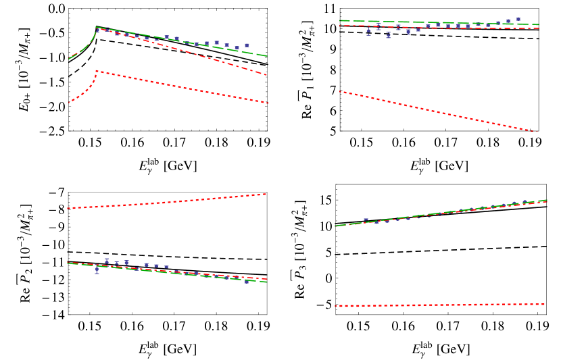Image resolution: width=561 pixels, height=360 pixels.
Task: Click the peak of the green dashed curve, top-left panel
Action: click(96, 27)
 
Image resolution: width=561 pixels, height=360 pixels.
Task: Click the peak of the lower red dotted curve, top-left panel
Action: click(96, 70)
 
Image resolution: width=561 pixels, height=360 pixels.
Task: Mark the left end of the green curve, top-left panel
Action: click(69, 59)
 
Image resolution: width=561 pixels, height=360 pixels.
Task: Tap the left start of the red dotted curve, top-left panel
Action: click(69, 103)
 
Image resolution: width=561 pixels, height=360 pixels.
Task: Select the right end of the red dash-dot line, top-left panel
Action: click(268, 75)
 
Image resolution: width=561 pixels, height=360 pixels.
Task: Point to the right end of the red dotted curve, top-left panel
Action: click(268, 103)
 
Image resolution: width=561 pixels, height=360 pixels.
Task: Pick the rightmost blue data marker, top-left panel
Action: click(247, 45)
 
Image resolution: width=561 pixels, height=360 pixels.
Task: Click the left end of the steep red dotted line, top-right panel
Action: click(339, 91)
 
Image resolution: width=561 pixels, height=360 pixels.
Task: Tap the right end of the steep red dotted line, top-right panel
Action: click(538, 132)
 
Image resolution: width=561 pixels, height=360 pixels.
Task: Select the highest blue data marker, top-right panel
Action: click(518, 19)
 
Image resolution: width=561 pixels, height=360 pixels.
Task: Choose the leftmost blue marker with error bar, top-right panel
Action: click(368, 31)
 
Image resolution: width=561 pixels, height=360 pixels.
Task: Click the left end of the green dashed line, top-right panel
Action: click(340, 20)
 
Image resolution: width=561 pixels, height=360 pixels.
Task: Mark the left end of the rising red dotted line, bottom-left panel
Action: click(68, 208)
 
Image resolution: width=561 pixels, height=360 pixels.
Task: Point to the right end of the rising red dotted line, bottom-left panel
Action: click(266, 194)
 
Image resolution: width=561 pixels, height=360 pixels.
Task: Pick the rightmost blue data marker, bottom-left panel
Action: click(246, 281)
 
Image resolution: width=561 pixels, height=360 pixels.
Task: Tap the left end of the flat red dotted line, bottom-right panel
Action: click(335, 306)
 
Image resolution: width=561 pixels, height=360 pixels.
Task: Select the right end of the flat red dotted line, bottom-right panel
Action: click(545, 304)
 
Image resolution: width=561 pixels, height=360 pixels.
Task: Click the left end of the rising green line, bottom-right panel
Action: click(335, 226)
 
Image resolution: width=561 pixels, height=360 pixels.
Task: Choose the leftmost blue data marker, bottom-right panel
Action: click(366, 220)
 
